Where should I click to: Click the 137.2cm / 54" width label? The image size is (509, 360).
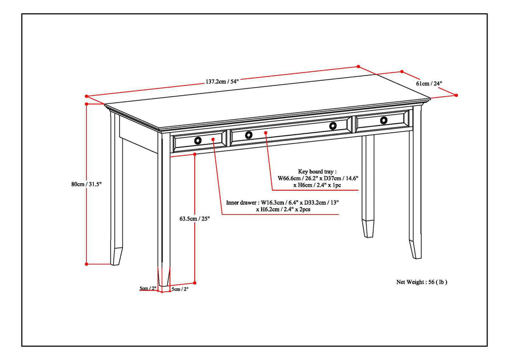[x=222, y=81]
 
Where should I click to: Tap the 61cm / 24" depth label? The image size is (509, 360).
[x=429, y=83]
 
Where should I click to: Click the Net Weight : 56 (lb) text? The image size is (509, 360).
[x=422, y=282]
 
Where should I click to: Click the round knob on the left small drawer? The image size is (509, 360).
[x=198, y=140]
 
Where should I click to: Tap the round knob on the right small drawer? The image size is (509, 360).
[x=384, y=120]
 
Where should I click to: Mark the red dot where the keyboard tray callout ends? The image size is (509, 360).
[x=265, y=133]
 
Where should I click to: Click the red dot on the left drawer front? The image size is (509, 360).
[x=213, y=139]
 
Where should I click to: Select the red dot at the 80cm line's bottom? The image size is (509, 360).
[x=87, y=264]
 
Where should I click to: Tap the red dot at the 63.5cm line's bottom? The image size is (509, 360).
[x=195, y=282]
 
